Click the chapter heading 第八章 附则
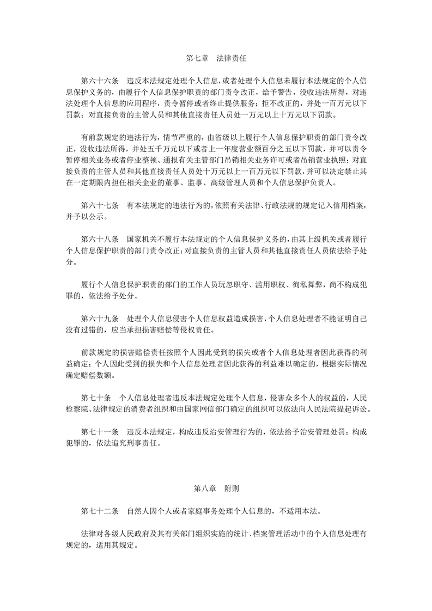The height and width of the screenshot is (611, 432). pos(216,489)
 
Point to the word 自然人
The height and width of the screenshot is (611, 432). pos(137,512)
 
